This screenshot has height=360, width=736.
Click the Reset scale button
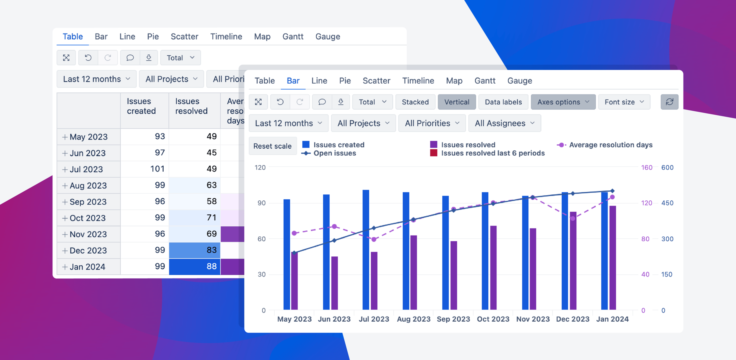point(272,146)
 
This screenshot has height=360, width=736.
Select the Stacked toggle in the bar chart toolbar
point(415,102)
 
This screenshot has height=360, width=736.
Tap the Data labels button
point(503,102)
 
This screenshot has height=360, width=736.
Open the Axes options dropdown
point(563,102)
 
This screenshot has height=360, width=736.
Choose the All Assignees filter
point(504,123)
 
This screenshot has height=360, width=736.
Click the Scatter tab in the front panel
point(376,81)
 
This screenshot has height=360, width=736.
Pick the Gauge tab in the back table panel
point(328,36)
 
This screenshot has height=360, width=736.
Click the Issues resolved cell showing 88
point(195,266)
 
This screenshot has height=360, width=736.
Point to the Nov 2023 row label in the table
point(88,234)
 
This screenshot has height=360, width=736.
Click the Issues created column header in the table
point(141,106)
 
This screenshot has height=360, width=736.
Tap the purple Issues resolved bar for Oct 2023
point(494,268)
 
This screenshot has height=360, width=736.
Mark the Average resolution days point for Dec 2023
point(573,218)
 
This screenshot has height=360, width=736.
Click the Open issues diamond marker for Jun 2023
point(334,240)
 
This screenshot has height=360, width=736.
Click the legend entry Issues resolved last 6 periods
point(492,153)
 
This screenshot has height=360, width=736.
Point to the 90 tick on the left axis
point(261,203)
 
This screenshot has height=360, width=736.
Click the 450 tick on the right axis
point(667,203)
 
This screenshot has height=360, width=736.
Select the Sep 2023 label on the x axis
point(453,319)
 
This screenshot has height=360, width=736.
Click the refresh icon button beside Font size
point(669,102)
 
